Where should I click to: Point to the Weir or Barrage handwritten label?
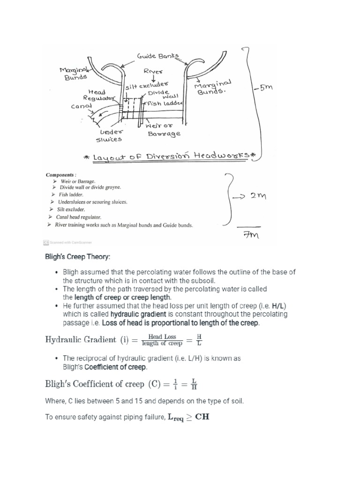point(163,129)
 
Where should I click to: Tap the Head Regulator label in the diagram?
point(98,95)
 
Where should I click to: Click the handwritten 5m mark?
point(264,88)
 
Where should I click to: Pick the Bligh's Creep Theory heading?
point(78,257)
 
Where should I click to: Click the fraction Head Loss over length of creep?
point(162,339)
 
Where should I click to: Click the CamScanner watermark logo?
point(46,242)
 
